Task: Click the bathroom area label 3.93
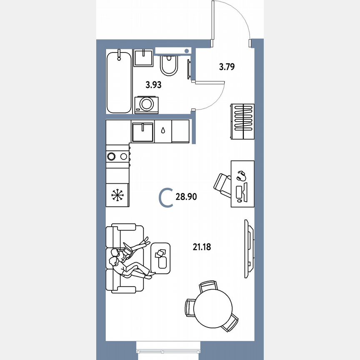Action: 153,85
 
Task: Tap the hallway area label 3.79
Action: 227,66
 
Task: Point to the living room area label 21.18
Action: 202,247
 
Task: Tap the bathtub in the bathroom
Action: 119,82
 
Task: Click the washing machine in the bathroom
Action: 146,104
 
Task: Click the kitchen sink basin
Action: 142,132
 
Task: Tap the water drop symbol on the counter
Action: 163,130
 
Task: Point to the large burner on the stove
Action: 111,156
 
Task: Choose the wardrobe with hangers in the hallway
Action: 242,122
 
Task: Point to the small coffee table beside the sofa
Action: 161,258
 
